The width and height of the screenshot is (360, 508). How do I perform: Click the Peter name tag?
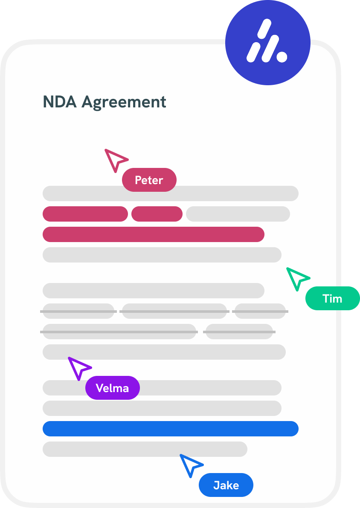(x=149, y=180)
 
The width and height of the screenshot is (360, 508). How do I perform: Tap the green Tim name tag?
(x=332, y=298)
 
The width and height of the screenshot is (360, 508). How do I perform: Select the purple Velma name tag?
(x=112, y=388)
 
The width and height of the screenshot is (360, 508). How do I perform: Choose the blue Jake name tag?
(x=226, y=485)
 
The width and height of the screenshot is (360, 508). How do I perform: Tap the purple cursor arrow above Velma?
(x=78, y=367)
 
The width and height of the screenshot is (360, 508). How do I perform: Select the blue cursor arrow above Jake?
(x=190, y=464)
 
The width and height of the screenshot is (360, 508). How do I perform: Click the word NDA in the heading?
(x=60, y=102)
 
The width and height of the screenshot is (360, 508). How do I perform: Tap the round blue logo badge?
(x=267, y=43)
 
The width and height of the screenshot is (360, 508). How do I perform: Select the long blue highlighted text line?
(x=171, y=429)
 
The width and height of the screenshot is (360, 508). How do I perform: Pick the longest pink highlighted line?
(x=154, y=234)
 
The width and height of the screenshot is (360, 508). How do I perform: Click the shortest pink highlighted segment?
(x=157, y=214)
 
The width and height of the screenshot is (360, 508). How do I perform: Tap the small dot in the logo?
(x=281, y=56)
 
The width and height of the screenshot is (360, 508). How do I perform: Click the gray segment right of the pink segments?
(x=238, y=214)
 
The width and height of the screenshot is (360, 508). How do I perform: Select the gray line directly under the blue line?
(x=145, y=449)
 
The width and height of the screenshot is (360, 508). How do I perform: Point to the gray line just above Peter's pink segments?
(x=171, y=193)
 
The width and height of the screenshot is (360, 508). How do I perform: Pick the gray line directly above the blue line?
(x=162, y=408)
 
